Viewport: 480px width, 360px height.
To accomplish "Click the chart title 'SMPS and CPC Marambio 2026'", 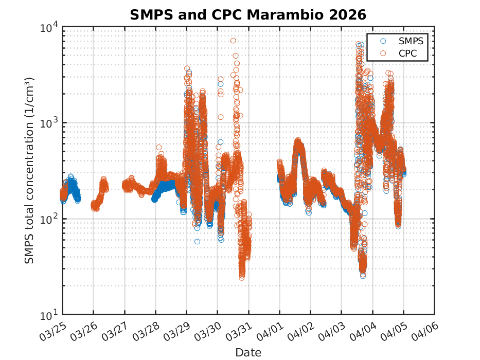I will [247, 14].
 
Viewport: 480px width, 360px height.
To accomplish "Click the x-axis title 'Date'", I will [248, 352].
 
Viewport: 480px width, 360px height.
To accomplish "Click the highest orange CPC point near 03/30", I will [233, 41].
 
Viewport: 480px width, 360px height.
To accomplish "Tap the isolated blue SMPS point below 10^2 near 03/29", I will [197, 241].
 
